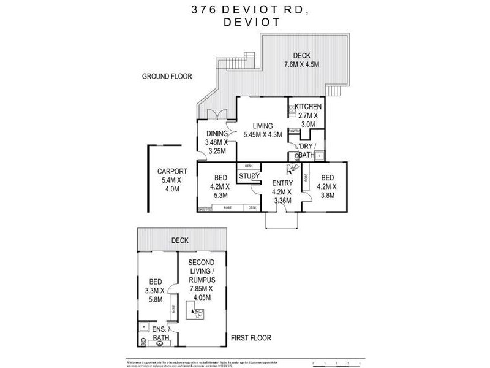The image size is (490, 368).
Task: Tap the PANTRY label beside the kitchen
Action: [294, 131]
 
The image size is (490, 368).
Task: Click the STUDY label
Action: [249, 177]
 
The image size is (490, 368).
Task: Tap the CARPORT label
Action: [168, 180]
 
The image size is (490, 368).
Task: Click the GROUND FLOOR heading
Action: [167, 77]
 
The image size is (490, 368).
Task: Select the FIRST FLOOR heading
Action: [251, 338]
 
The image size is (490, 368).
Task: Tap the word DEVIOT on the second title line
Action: [244, 21]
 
